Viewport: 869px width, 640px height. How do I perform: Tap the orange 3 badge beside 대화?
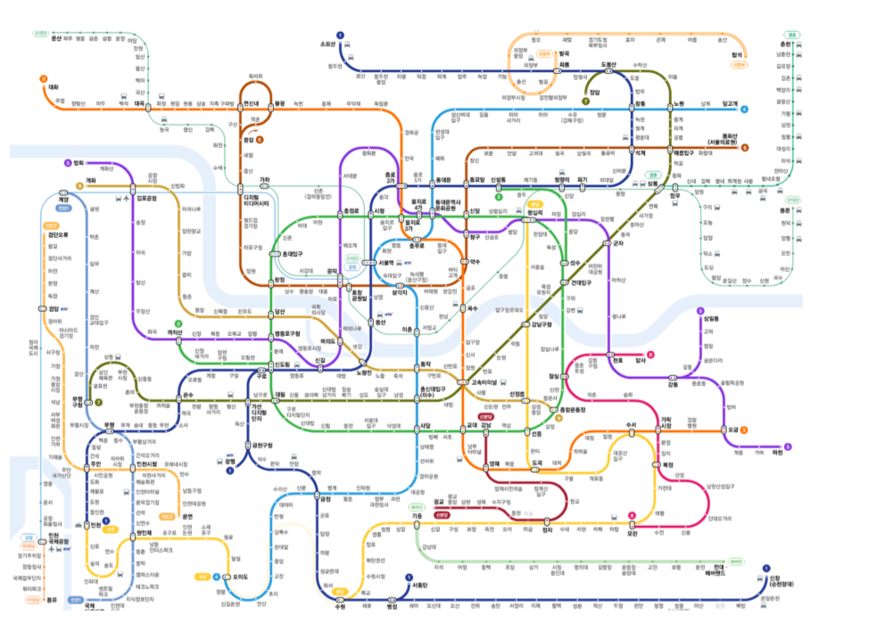tap(43, 78)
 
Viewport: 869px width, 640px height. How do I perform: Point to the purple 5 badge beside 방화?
tap(68, 162)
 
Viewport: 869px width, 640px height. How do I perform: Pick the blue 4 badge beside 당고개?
tap(744, 109)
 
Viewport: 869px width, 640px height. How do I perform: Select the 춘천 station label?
tap(786, 44)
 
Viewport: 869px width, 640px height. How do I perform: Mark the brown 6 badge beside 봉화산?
tap(744, 147)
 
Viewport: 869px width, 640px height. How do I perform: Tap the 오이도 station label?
tap(239, 577)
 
